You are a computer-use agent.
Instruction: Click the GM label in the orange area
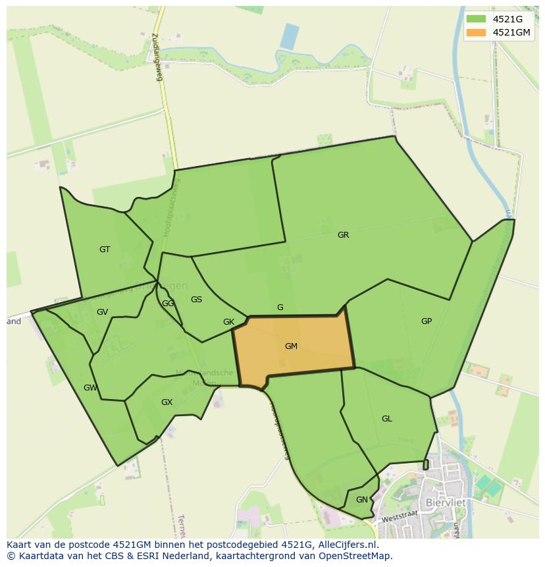[291, 346]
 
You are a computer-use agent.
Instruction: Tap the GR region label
[343, 235]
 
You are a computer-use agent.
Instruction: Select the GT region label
[105, 250]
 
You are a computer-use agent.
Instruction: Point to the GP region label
[427, 321]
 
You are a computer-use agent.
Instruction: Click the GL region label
[386, 419]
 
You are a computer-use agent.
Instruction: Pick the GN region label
[361, 500]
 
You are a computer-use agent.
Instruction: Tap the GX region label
[167, 402]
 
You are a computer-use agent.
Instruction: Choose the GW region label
[90, 388]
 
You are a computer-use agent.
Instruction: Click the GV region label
[102, 312]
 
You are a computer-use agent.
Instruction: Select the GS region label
[196, 300]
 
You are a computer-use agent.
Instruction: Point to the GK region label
[228, 322]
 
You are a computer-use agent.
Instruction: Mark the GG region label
[168, 304]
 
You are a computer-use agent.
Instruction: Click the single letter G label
[280, 308]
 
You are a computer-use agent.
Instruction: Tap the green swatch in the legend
[476, 19]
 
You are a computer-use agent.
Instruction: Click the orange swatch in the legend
[476, 32]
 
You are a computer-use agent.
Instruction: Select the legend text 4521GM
[511, 32]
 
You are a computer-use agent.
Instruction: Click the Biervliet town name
[446, 502]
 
